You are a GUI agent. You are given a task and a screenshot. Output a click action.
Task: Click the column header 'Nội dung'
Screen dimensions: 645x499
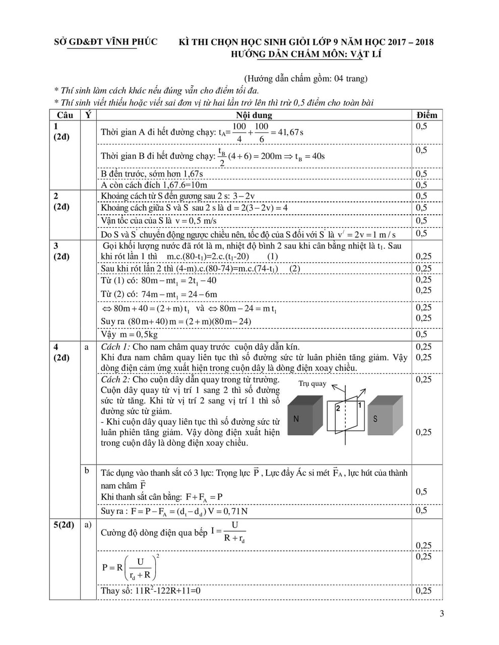[254, 115]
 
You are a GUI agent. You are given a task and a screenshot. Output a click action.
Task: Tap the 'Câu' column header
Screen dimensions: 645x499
[65, 115]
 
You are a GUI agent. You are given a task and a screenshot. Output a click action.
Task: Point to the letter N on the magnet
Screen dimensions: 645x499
[296, 419]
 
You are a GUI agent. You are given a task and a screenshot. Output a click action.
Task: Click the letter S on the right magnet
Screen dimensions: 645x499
[376, 419]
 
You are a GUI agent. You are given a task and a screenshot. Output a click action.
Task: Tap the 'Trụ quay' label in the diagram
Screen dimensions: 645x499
[312, 383]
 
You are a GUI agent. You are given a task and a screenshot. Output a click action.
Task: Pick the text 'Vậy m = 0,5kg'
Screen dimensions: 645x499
[130, 334]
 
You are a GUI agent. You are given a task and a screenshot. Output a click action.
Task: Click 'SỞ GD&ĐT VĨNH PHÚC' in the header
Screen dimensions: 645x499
[106, 42]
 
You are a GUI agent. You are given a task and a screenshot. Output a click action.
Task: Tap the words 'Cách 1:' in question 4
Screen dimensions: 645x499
[115, 347]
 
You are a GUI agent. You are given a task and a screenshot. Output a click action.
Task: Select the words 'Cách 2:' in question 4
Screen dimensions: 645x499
[115, 379]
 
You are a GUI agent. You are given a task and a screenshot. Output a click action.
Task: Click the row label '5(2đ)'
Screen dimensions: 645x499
[64, 525]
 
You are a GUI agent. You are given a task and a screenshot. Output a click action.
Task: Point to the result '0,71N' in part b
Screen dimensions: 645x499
[236, 511]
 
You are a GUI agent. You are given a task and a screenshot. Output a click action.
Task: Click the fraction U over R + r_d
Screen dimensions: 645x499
[234, 532]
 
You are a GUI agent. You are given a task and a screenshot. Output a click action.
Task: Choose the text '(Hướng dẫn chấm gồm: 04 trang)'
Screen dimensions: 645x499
[305, 79]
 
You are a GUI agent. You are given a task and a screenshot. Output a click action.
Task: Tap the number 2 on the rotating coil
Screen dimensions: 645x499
[338, 408]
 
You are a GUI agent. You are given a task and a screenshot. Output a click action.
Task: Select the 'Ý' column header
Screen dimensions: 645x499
[88, 115]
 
